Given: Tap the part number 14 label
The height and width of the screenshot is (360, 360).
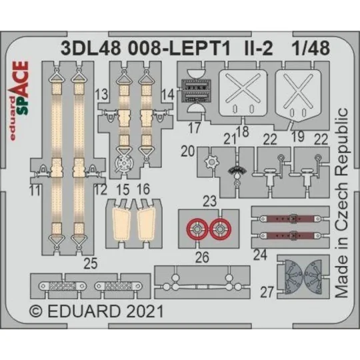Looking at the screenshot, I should click(167, 95).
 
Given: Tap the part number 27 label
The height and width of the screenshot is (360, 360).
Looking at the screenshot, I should click(267, 291).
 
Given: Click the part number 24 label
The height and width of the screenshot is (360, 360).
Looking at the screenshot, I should click(261, 253).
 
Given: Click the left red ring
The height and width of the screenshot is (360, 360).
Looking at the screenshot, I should click(198, 229).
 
